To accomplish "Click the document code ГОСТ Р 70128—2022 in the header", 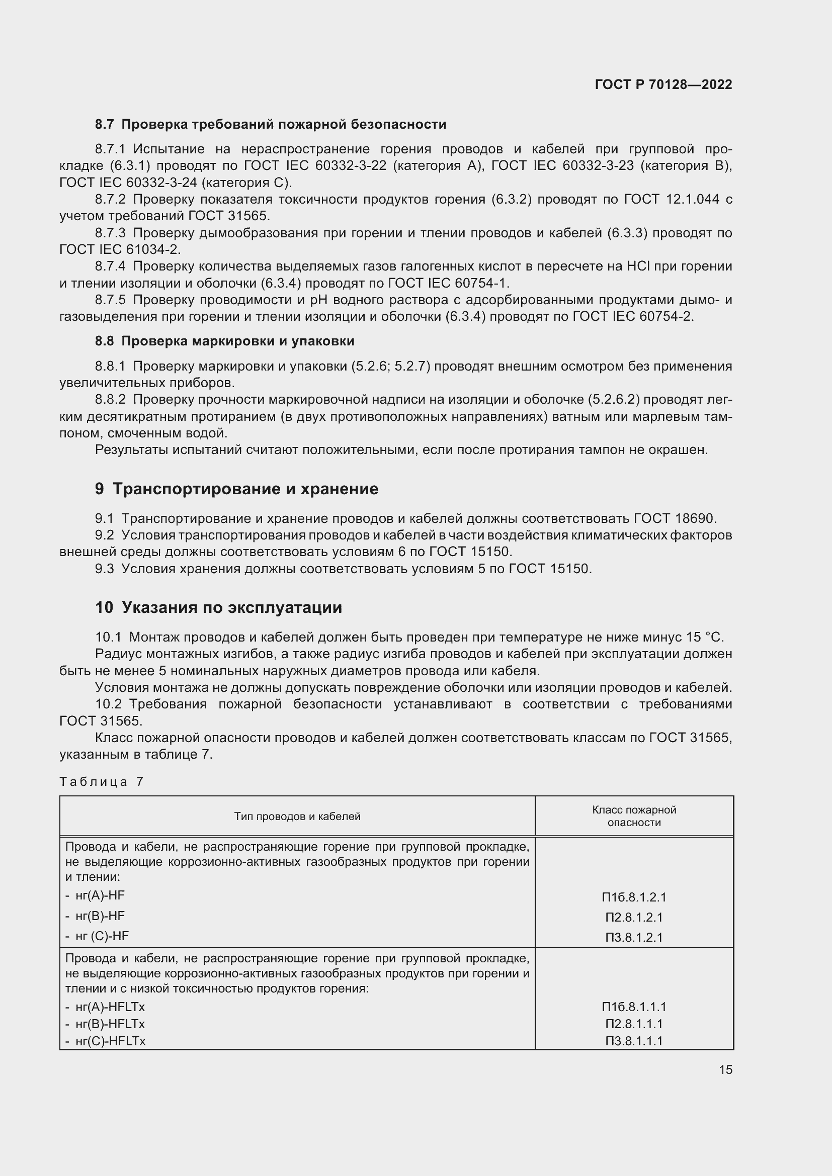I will [x=663, y=84].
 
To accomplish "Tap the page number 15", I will [x=725, y=1069].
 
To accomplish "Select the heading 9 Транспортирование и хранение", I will [x=236, y=489].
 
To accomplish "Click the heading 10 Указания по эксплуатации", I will [x=218, y=607].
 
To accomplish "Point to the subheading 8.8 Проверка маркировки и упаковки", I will [x=224, y=341].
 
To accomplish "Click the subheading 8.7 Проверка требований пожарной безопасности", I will [x=271, y=125].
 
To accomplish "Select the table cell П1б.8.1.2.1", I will [x=634, y=897].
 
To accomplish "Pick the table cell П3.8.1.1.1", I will [x=634, y=1041].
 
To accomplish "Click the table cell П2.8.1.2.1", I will [x=634, y=917].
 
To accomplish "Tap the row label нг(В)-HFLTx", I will [x=110, y=1024].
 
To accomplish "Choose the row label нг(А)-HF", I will [x=100, y=895].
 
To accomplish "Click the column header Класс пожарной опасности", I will [x=634, y=816].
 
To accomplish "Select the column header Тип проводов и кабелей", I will [x=297, y=817].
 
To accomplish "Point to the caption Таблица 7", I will [x=102, y=782].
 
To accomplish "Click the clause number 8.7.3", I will [x=110, y=233].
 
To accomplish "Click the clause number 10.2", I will [x=108, y=704].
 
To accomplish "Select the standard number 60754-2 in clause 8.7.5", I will [x=666, y=317].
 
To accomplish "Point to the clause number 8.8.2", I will [x=110, y=400].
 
